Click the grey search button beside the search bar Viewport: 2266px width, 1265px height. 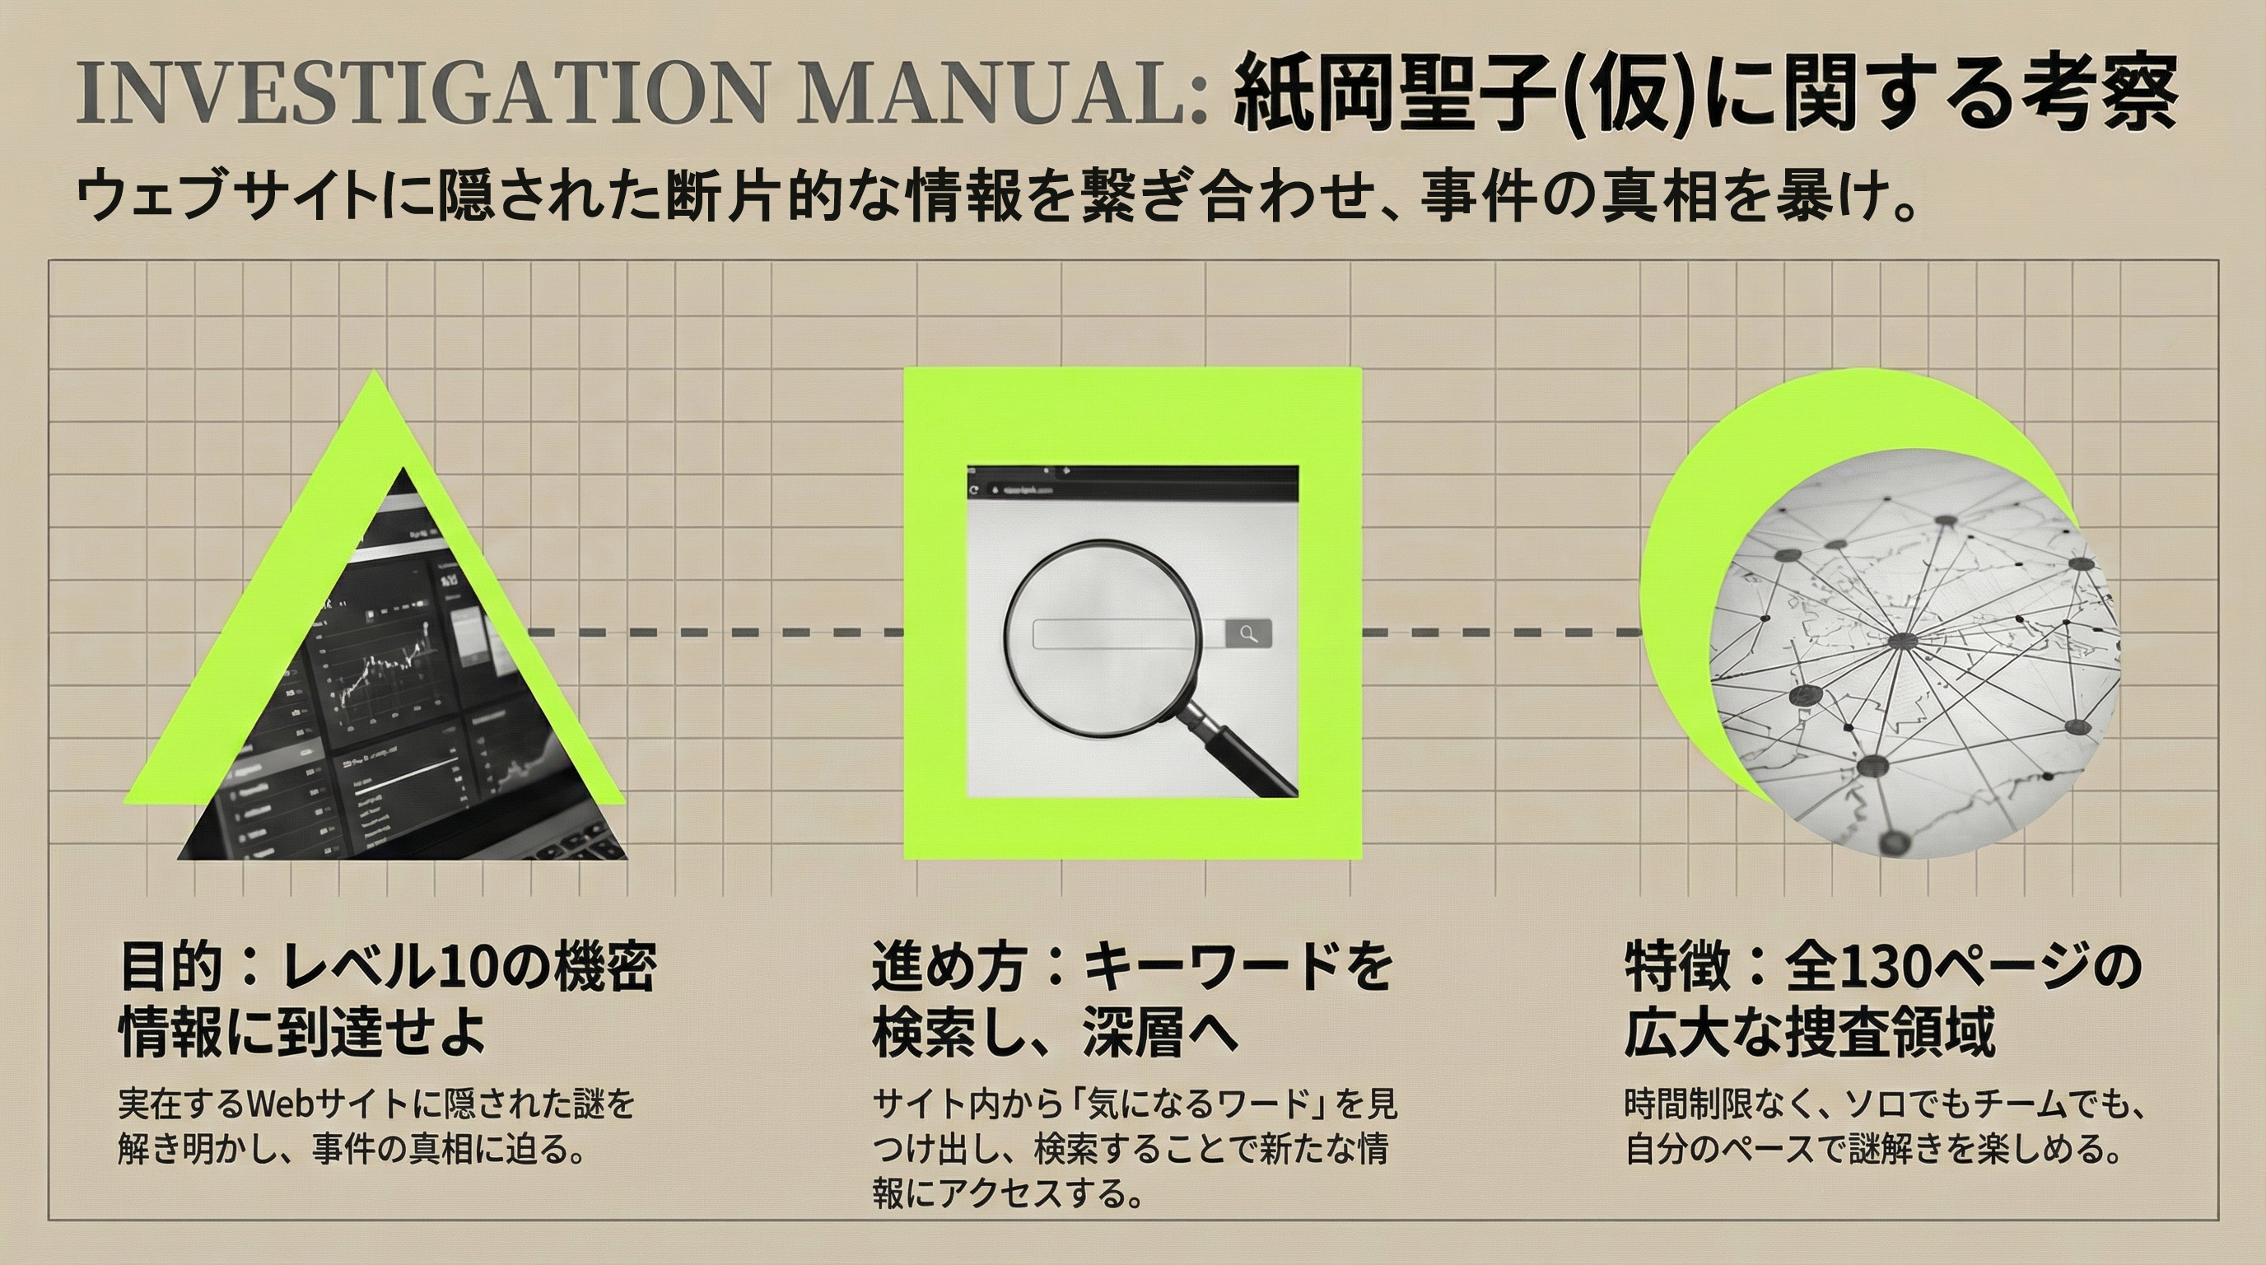coord(1248,633)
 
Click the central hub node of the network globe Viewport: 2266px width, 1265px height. coord(1903,640)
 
